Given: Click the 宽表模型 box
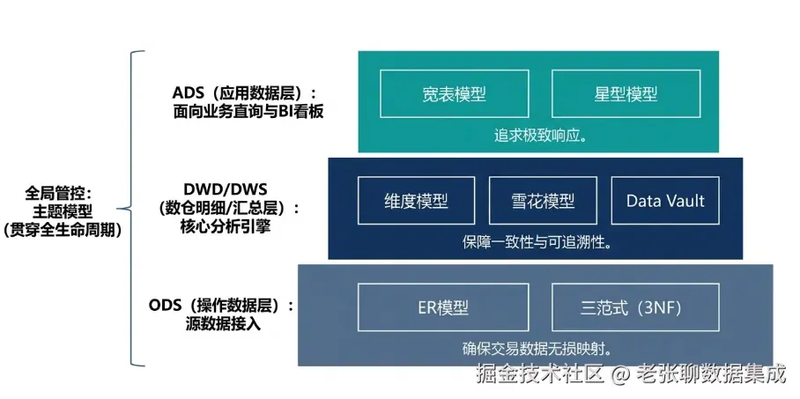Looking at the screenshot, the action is coord(454,94).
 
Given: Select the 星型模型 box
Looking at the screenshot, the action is coord(626,94).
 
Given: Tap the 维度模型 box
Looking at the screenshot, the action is coord(417,201).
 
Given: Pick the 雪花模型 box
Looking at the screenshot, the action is coord(543,201).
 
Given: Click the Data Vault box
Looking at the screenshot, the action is coord(665,201).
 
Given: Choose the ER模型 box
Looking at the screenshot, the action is coord(443,307).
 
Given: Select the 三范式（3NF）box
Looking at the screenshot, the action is coord(636,307).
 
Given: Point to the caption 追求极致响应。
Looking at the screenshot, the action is coord(539,137).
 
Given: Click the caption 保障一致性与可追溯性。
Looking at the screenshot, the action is coord(537,242).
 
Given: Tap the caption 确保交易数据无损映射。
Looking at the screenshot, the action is coord(537,349).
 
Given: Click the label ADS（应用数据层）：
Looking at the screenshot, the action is coord(244,94).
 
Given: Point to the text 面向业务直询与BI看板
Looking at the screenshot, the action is coord(248,112).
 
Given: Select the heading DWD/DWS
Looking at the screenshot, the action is coord(225,189).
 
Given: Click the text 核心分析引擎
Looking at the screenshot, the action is coord(225,226).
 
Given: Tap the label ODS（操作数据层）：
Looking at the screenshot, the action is coord(222,306).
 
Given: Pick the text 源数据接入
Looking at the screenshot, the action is coord(224,323).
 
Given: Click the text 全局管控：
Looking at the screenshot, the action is coord(58,194).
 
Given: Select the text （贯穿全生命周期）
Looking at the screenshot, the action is coord(63,230).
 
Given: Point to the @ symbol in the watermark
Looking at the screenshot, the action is coord(620,375).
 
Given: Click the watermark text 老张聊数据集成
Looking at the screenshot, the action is coord(711,374).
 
